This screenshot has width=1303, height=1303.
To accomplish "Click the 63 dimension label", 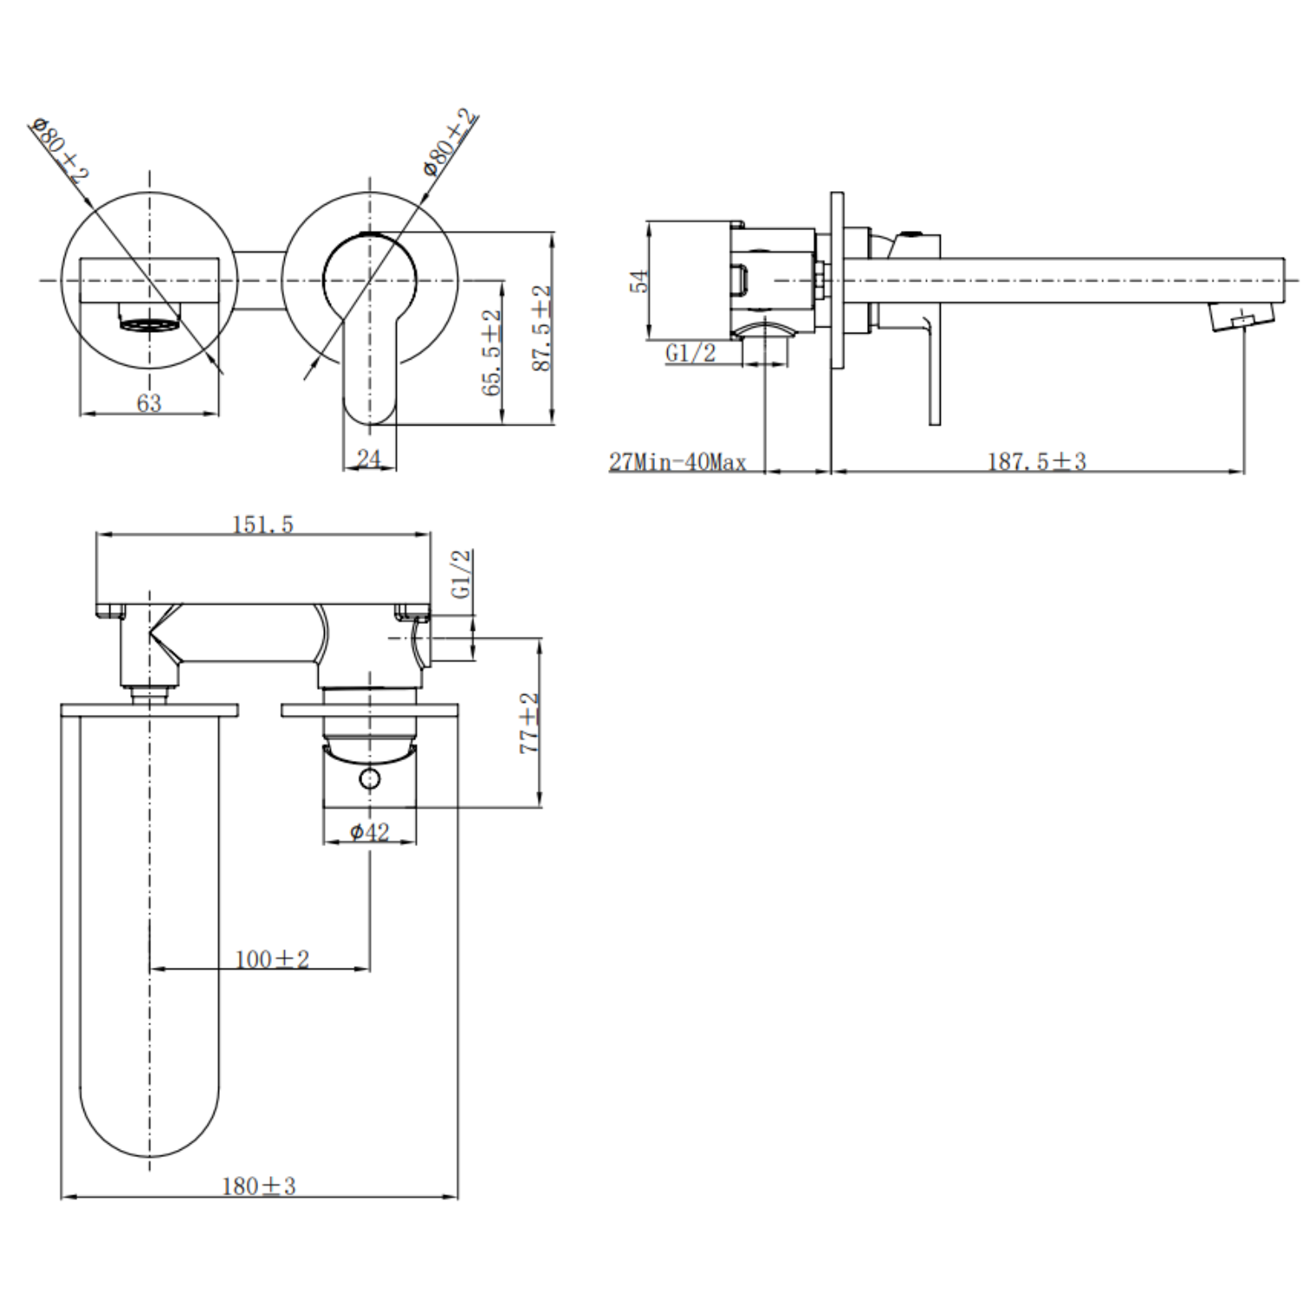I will click(149, 403).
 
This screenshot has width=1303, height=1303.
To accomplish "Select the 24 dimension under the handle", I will click(369, 458).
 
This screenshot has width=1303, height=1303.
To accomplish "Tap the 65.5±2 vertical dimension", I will click(493, 353).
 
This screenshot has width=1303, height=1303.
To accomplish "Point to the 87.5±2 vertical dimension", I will click(542, 328).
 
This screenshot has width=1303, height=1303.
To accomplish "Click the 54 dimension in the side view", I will click(639, 281).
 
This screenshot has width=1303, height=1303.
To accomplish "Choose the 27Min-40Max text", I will click(678, 462).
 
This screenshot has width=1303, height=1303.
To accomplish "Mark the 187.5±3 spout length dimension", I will click(1036, 461).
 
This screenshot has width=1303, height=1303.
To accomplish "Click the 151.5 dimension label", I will click(262, 525).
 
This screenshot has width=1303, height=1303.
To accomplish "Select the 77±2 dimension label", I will click(529, 723).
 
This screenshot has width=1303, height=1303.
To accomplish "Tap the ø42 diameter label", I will click(369, 832).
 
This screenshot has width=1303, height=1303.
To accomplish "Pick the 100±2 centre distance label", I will click(272, 959).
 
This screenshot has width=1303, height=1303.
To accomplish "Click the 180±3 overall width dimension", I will click(259, 1186).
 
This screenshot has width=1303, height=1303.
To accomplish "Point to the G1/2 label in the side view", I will click(691, 353).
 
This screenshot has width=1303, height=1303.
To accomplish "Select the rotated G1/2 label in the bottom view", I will click(462, 573).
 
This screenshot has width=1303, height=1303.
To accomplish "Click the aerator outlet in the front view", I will click(149, 324).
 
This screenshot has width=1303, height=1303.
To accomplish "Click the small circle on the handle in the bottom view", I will click(369, 778).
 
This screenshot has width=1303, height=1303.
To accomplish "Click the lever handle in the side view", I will click(933, 374).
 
